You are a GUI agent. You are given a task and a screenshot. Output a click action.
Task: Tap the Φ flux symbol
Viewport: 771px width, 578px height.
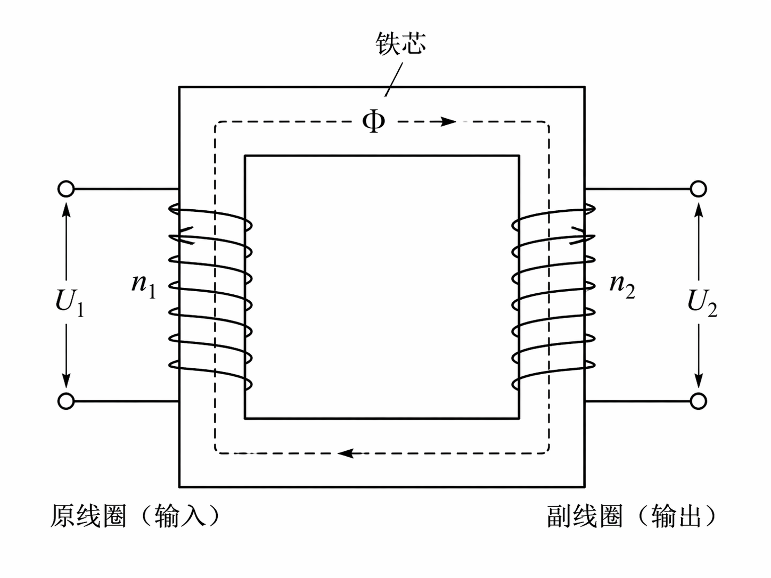373,121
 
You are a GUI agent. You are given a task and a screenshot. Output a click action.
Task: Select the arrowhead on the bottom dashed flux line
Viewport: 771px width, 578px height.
347,453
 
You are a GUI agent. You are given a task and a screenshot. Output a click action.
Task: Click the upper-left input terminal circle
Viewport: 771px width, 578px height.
66,189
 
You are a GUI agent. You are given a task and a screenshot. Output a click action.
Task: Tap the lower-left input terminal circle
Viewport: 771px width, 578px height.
66,401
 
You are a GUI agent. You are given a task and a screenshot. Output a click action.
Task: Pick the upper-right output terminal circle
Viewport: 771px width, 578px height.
698,189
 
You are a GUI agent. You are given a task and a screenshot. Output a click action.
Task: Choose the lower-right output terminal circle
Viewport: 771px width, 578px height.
698,401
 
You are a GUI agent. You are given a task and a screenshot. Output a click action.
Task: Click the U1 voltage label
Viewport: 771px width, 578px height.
69,302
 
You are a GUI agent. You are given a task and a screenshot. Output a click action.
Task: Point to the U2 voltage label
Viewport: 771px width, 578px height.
702,302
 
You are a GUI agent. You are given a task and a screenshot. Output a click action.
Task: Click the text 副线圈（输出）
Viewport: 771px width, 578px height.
631,516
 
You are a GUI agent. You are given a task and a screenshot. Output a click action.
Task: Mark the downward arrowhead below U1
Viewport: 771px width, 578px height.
66,380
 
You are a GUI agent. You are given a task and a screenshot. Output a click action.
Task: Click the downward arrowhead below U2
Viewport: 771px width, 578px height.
699,380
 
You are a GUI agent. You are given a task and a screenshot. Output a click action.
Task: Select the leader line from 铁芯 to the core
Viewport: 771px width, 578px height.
394,79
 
